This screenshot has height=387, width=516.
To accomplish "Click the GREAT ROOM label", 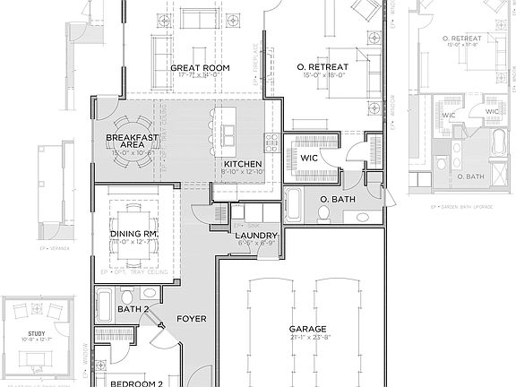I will coord(200,67).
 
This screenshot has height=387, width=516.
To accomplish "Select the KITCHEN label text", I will coord(243,164).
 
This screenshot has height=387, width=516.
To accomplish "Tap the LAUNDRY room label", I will coord(255,236).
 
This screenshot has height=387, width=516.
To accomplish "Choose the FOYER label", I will coord(193,318).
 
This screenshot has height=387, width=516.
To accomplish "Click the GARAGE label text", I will coord(307,328).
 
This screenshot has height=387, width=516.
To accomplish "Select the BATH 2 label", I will coord(133,309).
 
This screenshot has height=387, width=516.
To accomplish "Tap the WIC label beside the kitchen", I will coord(309,158).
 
